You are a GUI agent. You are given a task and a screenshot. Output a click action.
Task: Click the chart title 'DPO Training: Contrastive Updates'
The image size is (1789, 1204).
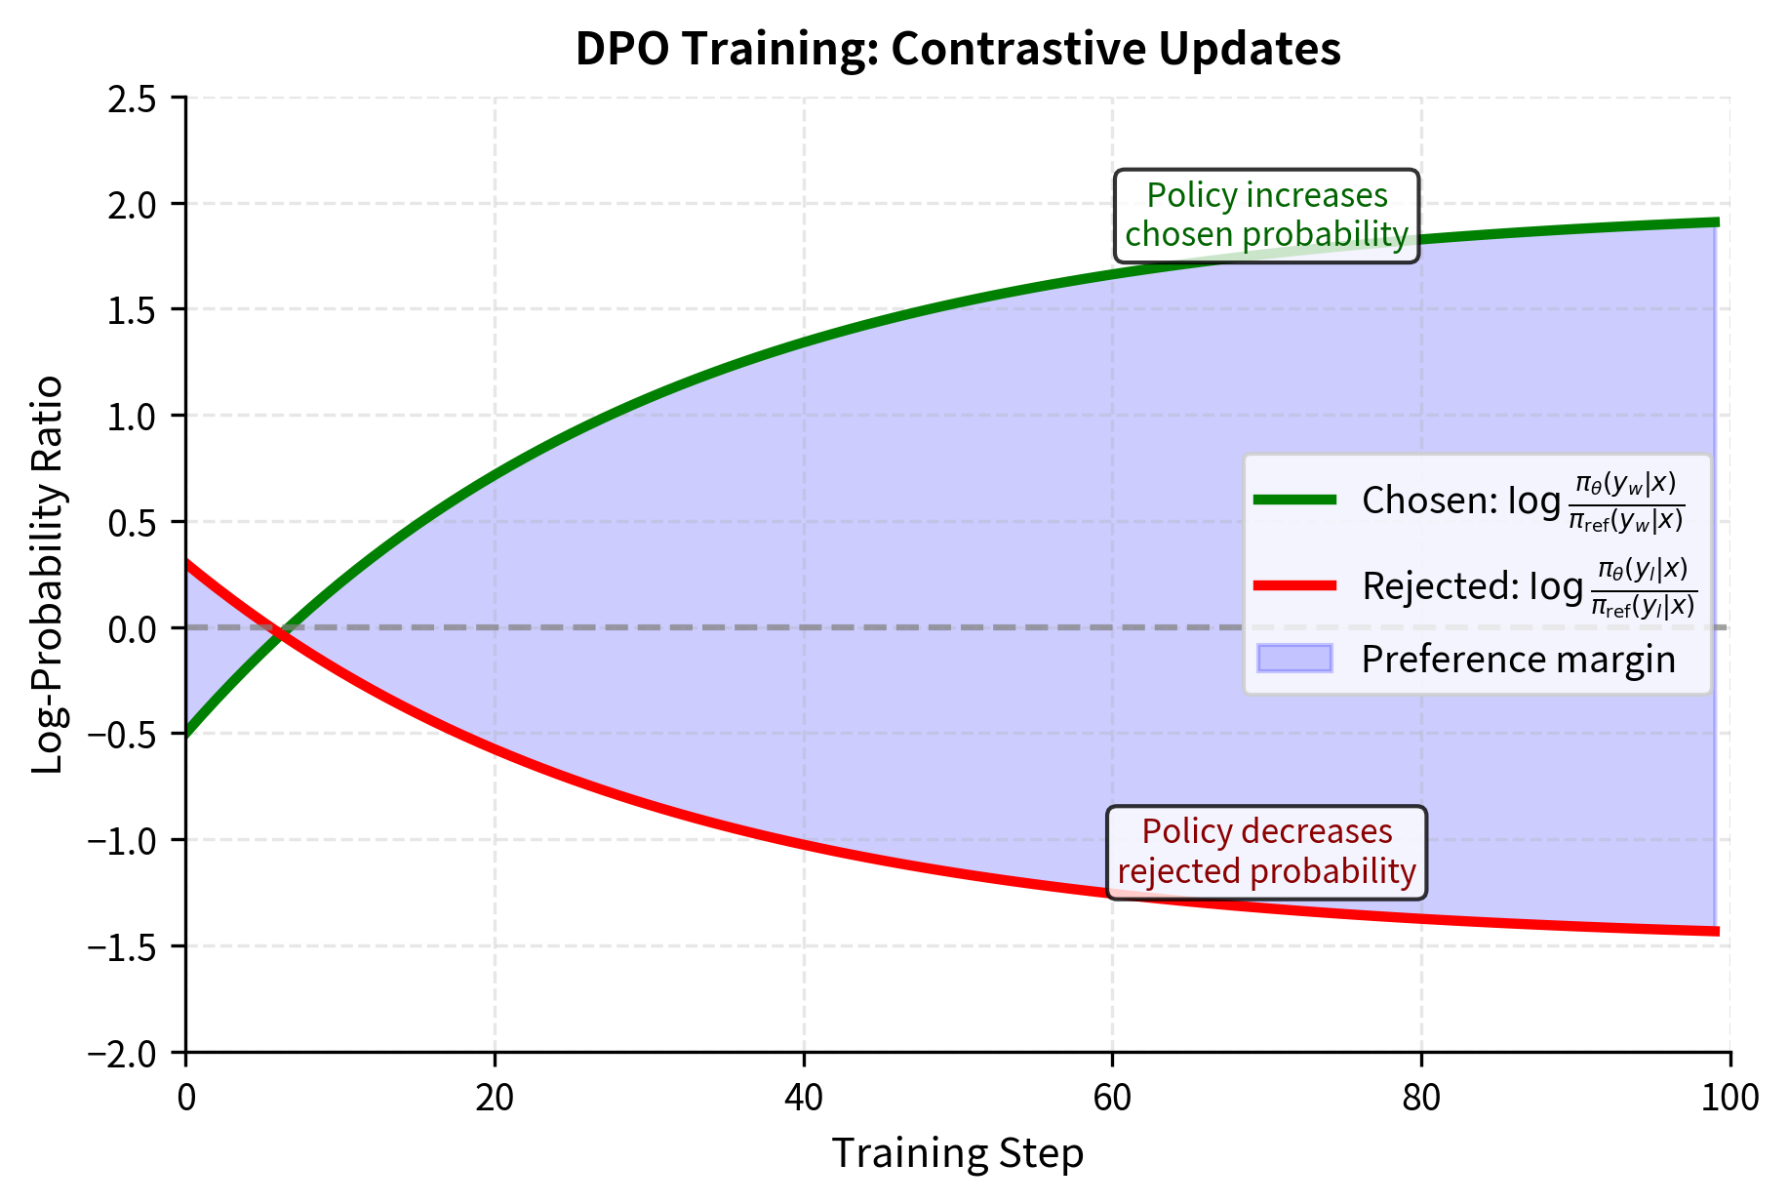click(x=957, y=49)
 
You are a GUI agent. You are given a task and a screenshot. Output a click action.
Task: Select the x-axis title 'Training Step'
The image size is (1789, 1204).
click(x=957, y=1153)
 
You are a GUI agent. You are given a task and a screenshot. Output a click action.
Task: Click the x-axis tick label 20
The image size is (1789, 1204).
click(x=495, y=1099)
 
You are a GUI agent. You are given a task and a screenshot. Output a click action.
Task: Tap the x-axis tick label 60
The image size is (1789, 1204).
click(x=1112, y=1099)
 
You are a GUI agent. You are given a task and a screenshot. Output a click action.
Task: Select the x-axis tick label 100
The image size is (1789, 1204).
click(x=1729, y=1099)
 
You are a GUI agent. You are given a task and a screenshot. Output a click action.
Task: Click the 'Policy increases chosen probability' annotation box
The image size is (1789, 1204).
click(x=1266, y=216)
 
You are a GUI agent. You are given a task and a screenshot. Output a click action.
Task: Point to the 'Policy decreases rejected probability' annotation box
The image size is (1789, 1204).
click(x=1266, y=852)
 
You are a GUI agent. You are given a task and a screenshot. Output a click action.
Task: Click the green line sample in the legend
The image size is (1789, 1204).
click(x=1294, y=500)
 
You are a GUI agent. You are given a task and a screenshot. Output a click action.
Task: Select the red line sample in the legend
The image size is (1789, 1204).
click(x=1294, y=585)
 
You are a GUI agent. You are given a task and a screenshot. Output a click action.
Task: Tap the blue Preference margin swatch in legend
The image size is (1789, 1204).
click(x=1294, y=659)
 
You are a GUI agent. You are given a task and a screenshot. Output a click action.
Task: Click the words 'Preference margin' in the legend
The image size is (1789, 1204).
click(x=1518, y=660)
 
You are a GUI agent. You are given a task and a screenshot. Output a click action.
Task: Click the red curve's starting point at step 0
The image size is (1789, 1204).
click(x=187, y=563)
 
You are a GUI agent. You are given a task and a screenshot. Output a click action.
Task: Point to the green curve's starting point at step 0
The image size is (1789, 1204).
click(x=187, y=733)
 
